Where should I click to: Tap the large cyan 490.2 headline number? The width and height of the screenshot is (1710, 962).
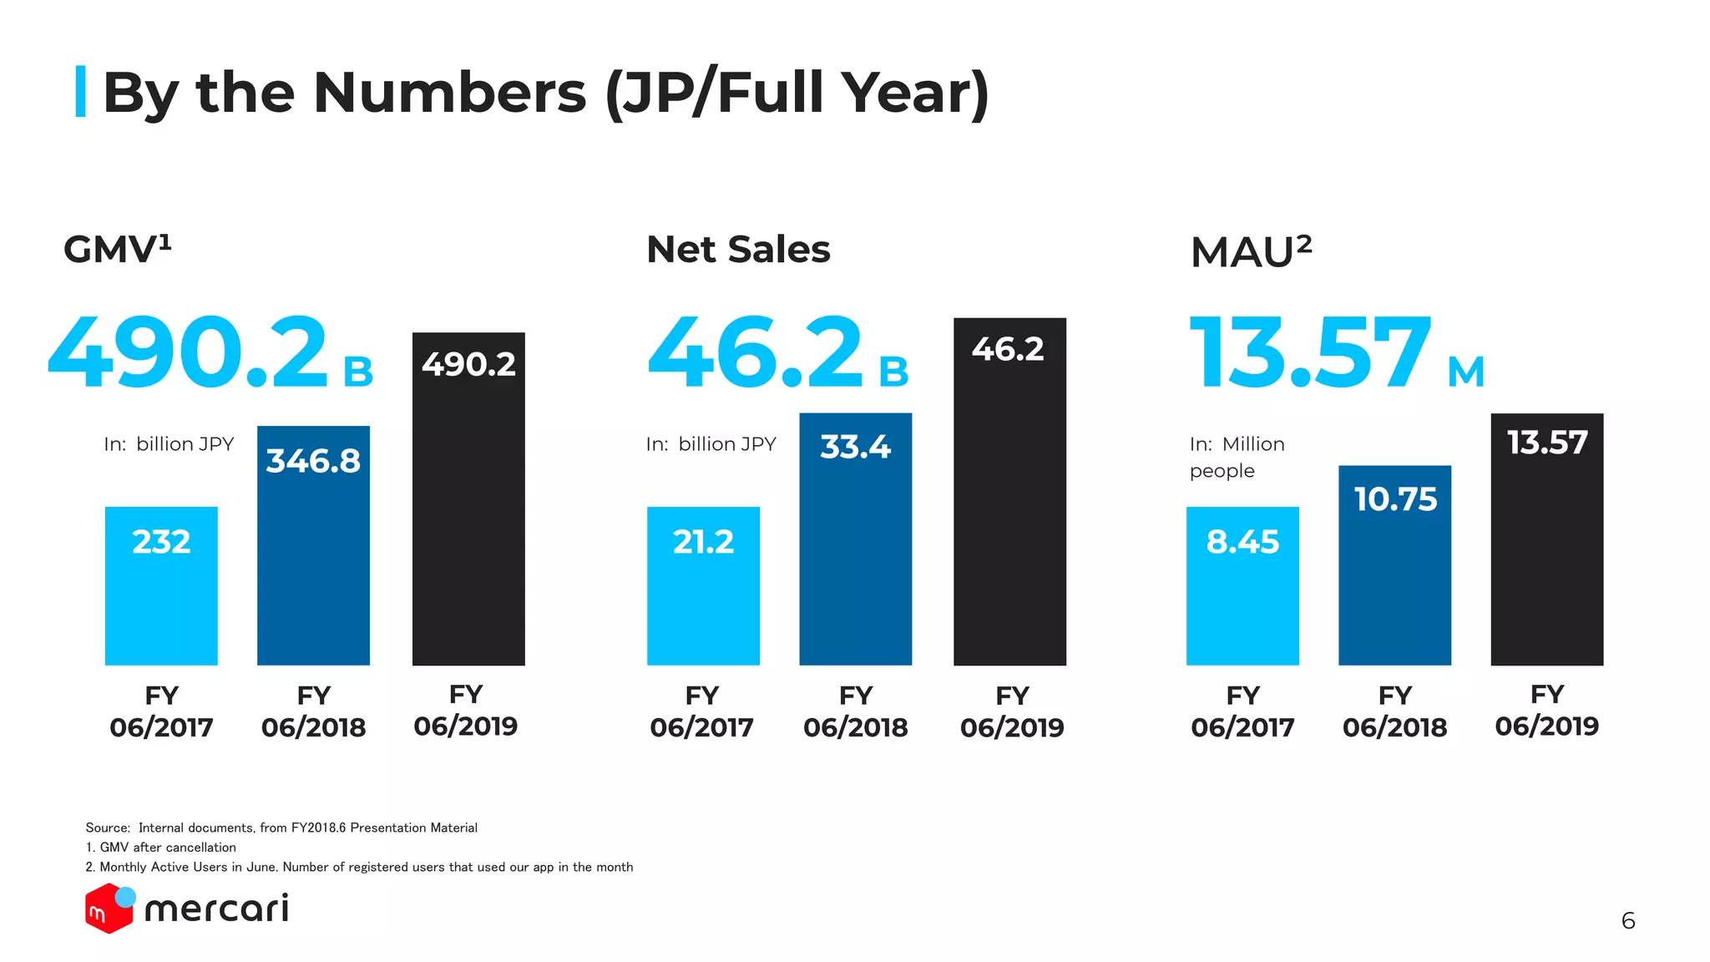189,352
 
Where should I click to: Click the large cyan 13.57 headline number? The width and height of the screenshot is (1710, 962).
1310,352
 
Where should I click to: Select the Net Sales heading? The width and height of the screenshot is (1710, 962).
738,250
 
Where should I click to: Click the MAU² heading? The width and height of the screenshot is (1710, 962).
1251,251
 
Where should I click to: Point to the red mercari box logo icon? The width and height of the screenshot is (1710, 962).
109,909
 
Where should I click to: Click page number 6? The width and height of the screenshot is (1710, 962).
1627,921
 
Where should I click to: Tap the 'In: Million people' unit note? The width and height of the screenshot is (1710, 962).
1237,457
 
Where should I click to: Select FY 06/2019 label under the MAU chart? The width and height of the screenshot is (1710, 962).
1546,711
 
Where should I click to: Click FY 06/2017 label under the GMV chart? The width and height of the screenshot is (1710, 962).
161,711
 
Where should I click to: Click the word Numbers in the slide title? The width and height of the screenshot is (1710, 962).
449,92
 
